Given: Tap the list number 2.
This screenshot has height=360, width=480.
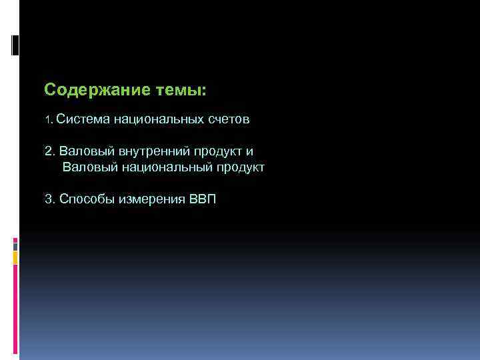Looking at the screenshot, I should pyautogui.click(x=49, y=151).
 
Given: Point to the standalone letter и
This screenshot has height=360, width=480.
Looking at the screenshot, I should pyautogui.click(x=249, y=151).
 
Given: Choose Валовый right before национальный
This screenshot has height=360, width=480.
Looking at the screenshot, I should pyautogui.click(x=89, y=167).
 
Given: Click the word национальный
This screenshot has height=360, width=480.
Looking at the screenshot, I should pyautogui.click(x=165, y=167).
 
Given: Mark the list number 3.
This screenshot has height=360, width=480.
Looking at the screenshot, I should pyautogui.click(x=49, y=199).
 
